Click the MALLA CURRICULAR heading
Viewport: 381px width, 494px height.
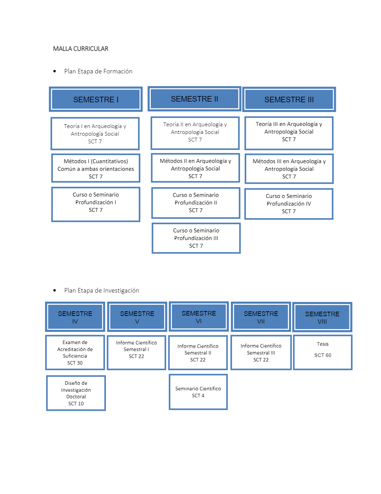(x=81, y=49)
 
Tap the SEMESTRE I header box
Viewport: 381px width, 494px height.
(x=96, y=99)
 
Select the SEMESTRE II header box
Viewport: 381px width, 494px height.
(x=194, y=99)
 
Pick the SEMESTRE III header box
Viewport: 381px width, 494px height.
(x=289, y=99)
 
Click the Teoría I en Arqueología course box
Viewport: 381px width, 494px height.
(x=95, y=134)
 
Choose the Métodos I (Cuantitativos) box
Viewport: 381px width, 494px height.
(x=96, y=168)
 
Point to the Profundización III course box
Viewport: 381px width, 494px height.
(x=196, y=238)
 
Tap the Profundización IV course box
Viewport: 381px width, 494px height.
(x=289, y=204)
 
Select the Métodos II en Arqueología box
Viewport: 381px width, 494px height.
(x=196, y=168)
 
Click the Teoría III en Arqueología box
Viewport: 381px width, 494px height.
(x=289, y=133)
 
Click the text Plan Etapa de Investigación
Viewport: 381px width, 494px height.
(x=102, y=290)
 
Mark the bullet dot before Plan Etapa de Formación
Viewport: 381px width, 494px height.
(x=55, y=71)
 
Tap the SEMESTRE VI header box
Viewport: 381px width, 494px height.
(x=199, y=317)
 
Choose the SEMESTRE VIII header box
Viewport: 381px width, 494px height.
(x=322, y=317)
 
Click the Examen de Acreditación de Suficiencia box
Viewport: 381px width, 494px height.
(x=75, y=352)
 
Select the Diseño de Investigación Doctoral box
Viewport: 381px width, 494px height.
(x=76, y=393)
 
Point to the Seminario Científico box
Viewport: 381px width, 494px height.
(x=198, y=392)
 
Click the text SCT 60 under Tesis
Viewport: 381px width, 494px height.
(x=323, y=355)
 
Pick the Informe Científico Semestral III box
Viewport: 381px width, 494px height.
(x=261, y=353)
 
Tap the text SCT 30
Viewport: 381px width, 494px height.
(x=75, y=363)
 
